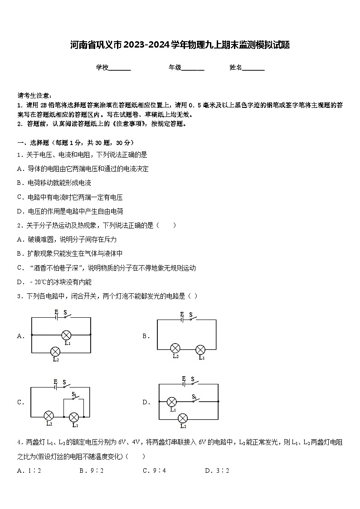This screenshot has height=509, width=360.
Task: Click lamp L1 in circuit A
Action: [67, 335]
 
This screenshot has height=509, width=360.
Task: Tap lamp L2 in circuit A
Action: [55, 351]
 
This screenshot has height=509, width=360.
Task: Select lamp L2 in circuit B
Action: [175, 348]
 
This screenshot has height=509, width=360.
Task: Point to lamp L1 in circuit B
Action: [200, 349]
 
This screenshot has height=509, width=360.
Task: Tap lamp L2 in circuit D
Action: [183, 418]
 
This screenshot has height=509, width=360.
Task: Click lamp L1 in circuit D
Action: [172, 402]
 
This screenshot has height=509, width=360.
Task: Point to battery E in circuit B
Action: [181, 320]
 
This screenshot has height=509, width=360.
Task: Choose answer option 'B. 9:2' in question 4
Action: [92, 470]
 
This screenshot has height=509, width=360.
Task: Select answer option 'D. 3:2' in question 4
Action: [217, 470]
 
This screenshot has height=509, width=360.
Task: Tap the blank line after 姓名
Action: [253, 68]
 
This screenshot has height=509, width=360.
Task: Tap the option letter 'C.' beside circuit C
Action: [20, 402]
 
